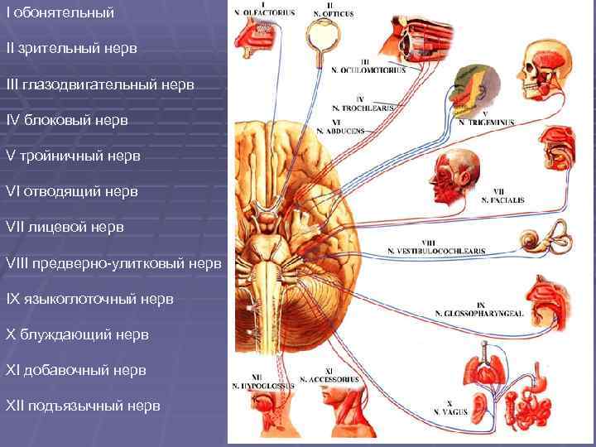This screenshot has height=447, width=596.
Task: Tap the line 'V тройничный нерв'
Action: (x=73, y=156)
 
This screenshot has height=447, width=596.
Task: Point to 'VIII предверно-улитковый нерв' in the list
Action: (x=113, y=263)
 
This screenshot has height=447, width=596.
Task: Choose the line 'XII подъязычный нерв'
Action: (x=83, y=406)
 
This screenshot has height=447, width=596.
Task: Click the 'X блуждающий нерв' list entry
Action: (x=77, y=334)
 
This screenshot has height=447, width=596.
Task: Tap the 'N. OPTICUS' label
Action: (x=334, y=14)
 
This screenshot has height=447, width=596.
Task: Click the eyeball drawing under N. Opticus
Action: (x=319, y=38)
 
